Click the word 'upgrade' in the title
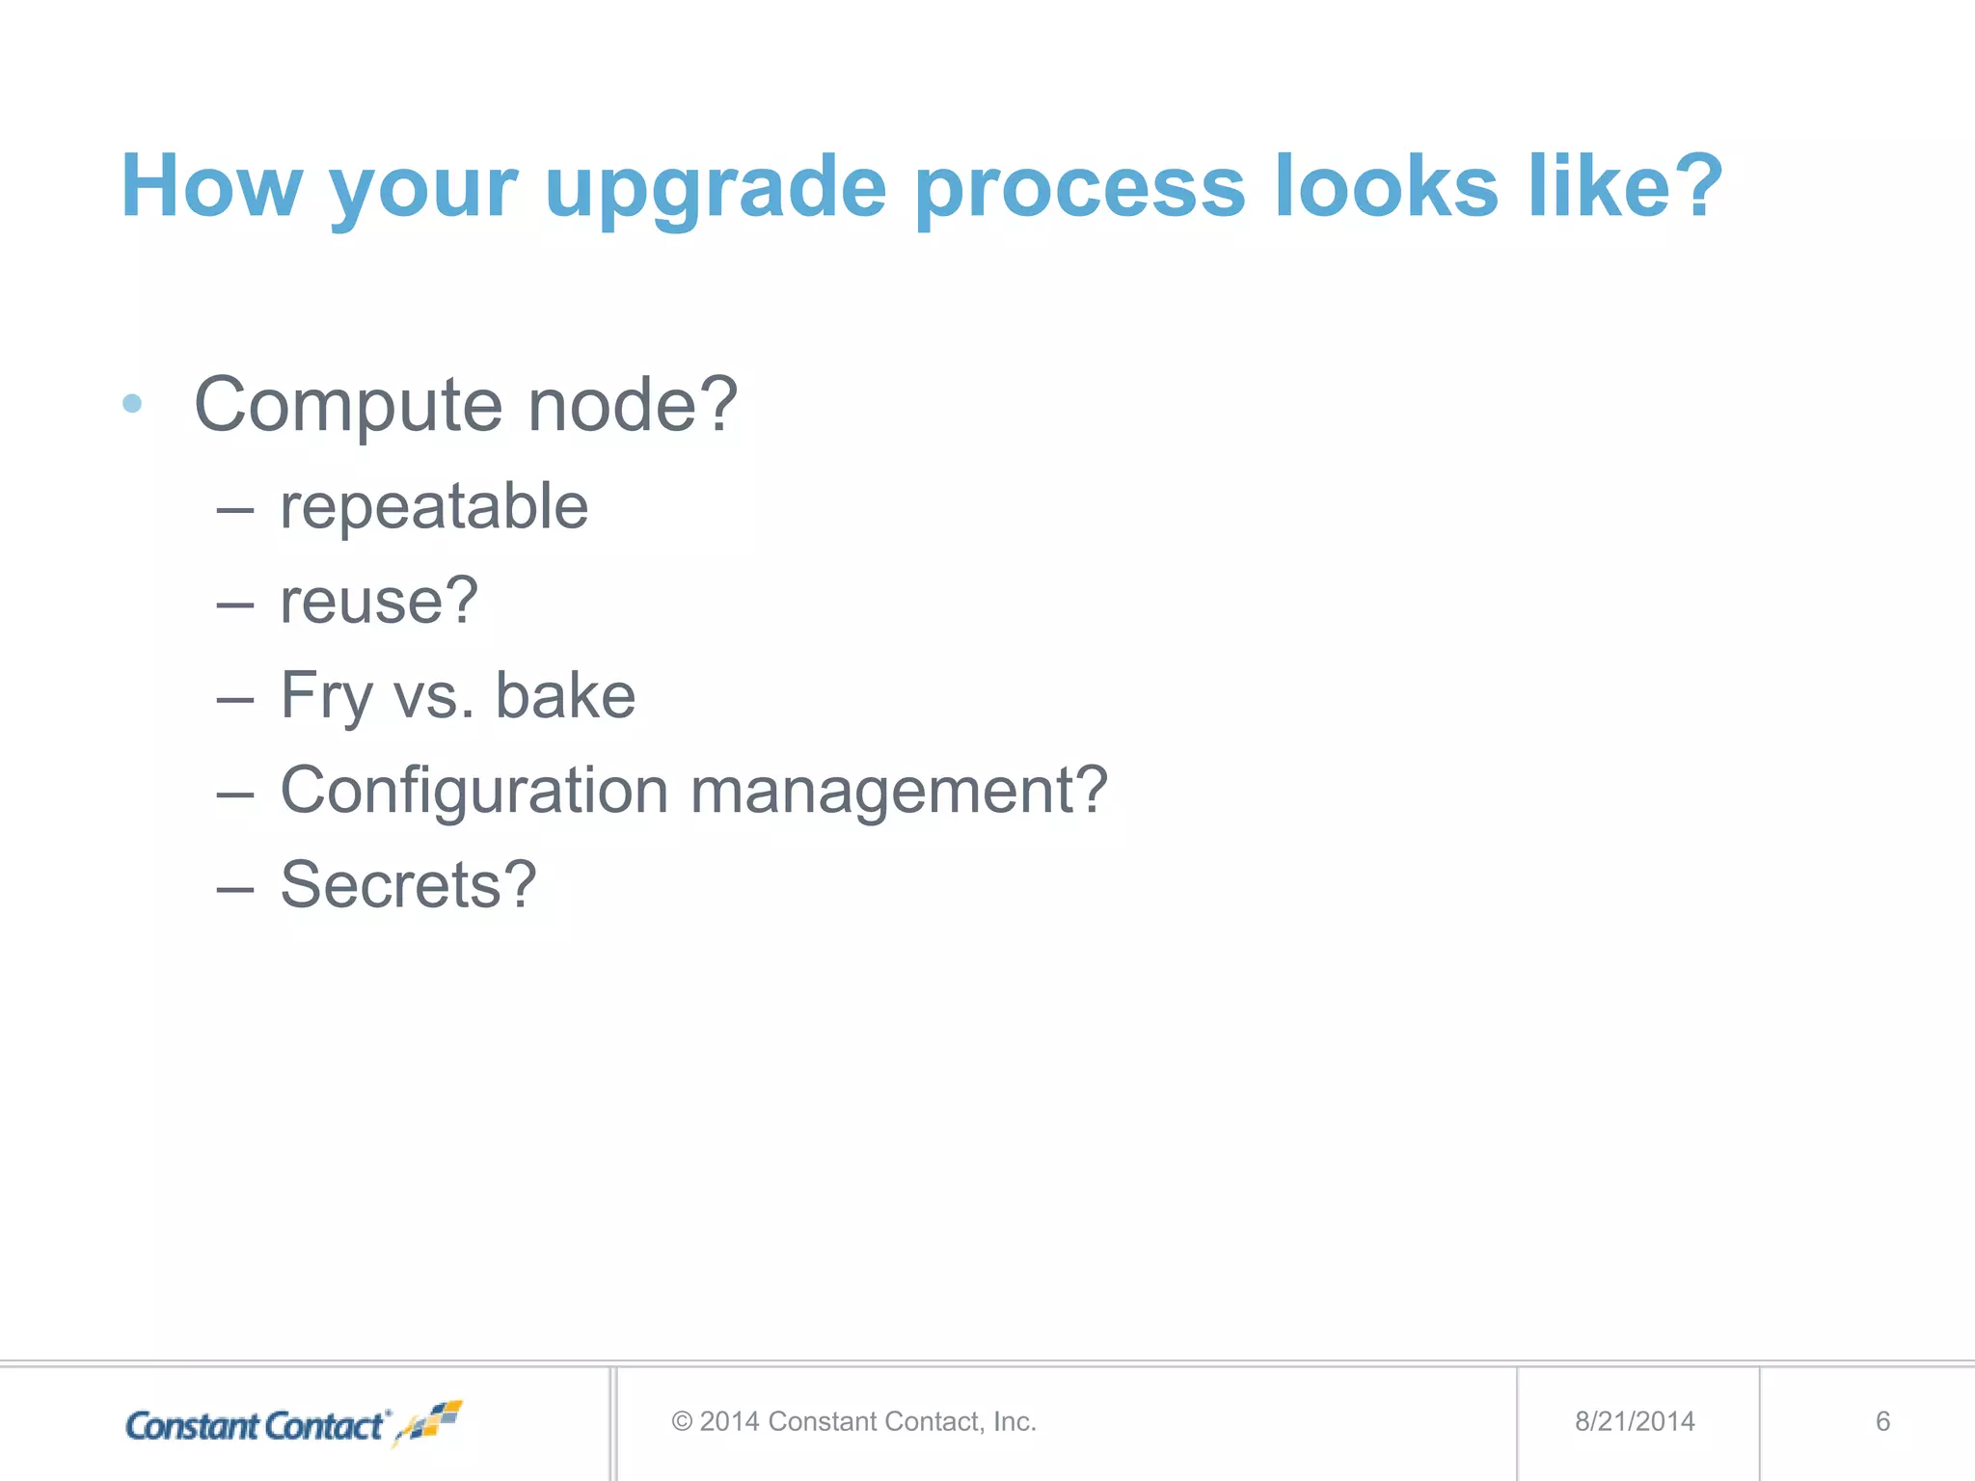715,188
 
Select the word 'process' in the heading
1079,188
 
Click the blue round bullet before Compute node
133,404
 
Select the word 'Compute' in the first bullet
348,406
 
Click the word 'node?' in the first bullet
633,404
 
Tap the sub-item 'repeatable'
434,507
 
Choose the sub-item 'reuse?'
379,601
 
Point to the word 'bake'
565,695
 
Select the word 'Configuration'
473,791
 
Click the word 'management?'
899,791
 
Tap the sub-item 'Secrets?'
408,884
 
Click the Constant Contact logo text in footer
257,1426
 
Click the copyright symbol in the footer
682,1422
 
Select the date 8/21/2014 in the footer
1635,1421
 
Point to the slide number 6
1882,1421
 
